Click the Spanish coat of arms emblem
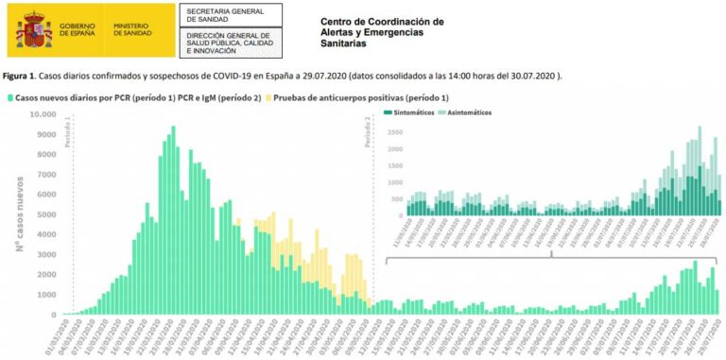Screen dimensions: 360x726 tap(33, 30)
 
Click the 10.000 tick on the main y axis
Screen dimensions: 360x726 tap(43, 114)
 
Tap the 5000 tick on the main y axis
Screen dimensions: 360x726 tap(45, 214)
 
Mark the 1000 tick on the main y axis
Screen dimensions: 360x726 tap(45, 295)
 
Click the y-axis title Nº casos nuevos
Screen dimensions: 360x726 tap(19, 214)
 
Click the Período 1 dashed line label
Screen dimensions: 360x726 tap(68, 132)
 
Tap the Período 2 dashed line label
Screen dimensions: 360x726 tap(368, 132)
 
